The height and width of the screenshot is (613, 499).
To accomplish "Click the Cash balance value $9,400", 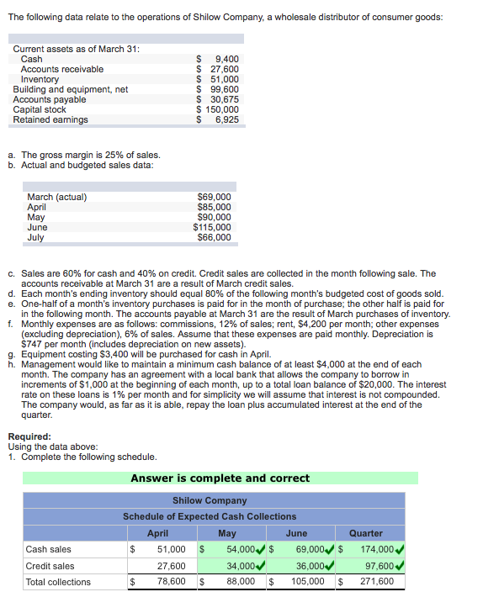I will (x=218, y=59).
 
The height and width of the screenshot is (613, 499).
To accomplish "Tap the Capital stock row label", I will (x=40, y=109).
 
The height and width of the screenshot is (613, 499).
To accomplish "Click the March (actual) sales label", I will (x=57, y=198).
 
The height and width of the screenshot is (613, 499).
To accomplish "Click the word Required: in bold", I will (x=29, y=436).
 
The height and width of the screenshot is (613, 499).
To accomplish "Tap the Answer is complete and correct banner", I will (x=220, y=478).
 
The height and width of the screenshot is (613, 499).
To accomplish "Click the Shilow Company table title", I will (x=210, y=500).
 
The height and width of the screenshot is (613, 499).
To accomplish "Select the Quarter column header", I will (x=365, y=533).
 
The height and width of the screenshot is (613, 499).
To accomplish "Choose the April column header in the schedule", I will (x=157, y=533).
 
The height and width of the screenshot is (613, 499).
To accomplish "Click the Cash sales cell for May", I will (x=240, y=550).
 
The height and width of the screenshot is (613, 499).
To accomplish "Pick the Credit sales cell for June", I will (x=311, y=566).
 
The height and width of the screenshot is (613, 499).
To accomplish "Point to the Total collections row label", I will (x=58, y=582).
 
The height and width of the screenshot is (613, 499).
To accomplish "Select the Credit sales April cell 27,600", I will (x=173, y=566).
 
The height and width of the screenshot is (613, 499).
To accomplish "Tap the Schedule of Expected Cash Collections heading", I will (x=210, y=516).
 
